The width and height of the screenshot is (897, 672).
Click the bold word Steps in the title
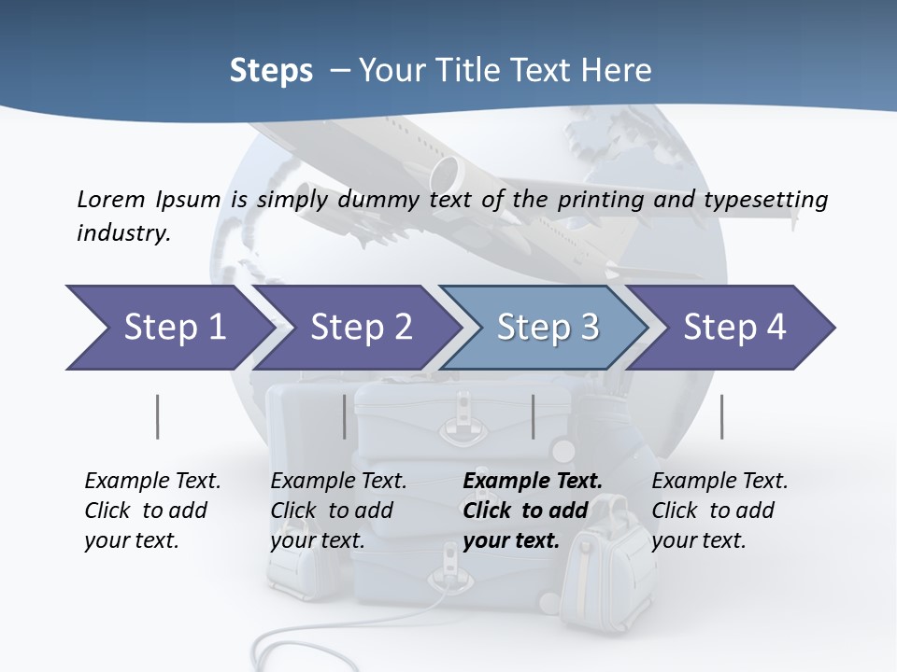tap(271, 71)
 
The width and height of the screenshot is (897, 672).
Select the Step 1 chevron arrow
tap(168, 328)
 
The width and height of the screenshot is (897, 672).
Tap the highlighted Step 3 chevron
tap(547, 328)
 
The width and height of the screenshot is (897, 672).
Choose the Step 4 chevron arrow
tap(733, 328)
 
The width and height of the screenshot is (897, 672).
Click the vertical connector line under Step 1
tap(157, 416)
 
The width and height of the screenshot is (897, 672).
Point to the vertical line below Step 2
tap(344, 416)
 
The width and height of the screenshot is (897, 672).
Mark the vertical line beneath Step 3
tap(533, 416)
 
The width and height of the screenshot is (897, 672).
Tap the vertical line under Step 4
tap(721, 416)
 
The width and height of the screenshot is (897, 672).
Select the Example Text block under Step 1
tap(152, 511)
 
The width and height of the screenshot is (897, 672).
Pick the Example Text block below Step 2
tap(338, 511)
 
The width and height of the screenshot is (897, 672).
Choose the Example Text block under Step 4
tap(719, 511)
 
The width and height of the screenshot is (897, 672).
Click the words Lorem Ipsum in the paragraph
tap(149, 200)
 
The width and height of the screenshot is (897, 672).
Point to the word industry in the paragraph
tap(122, 233)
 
